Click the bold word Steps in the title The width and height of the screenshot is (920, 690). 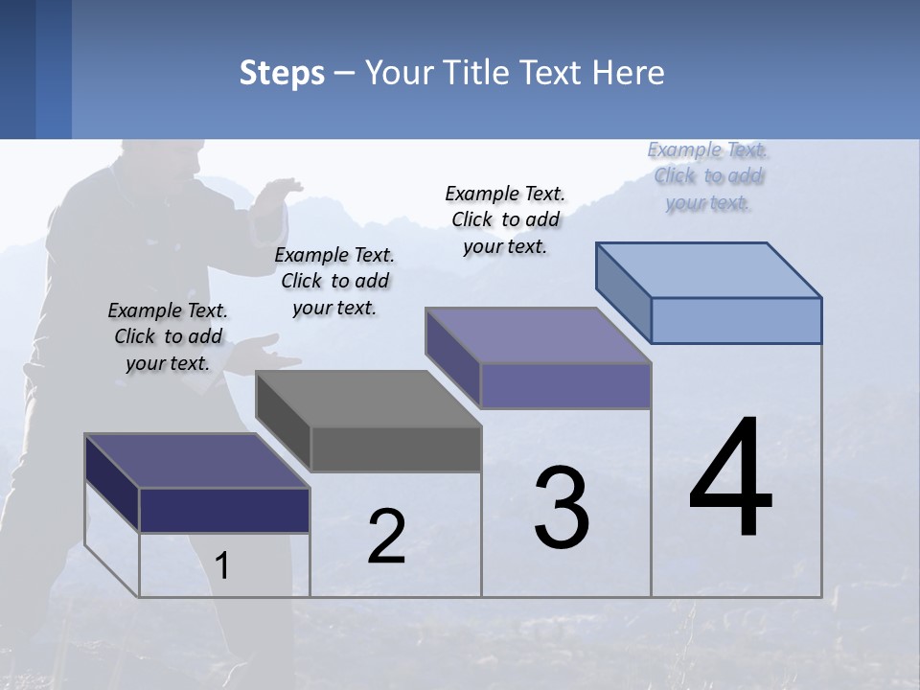[x=282, y=73]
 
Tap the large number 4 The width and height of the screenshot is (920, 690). [x=730, y=479]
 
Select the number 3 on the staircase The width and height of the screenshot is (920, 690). [x=561, y=507]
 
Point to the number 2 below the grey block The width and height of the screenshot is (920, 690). [x=386, y=537]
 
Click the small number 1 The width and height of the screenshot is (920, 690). [x=222, y=565]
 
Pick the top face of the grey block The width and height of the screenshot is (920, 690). [x=369, y=398]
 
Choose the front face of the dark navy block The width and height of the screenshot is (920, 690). [x=224, y=510]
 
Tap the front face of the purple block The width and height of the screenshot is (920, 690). [x=565, y=385]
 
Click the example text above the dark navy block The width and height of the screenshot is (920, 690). [x=168, y=336]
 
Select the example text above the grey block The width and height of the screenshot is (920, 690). [x=334, y=281]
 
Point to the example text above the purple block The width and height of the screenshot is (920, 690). [x=505, y=219]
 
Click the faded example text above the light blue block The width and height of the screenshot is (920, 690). [x=708, y=175]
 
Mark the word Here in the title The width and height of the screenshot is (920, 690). [x=630, y=73]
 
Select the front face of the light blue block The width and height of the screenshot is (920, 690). [x=736, y=320]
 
